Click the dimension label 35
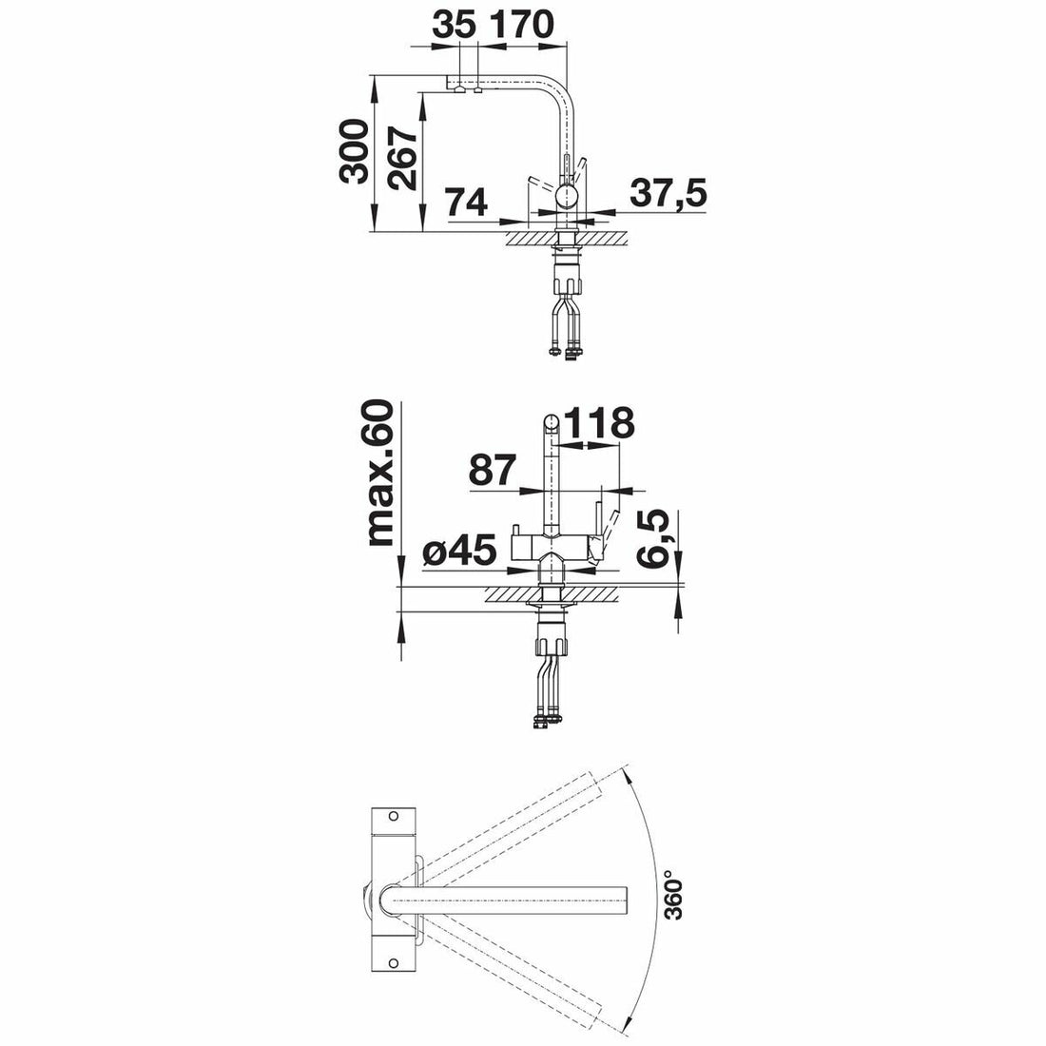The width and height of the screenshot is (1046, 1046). coord(454,25)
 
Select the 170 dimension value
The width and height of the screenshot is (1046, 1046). coord(522,25)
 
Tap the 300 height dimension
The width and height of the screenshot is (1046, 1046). coord(354,151)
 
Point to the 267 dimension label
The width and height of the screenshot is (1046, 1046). coord(404,159)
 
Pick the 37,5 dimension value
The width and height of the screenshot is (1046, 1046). coord(668,193)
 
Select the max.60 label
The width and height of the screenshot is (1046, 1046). coord(381,473)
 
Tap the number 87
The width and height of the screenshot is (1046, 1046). coord(493,470)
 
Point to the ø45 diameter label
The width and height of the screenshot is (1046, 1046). coord(460,551)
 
